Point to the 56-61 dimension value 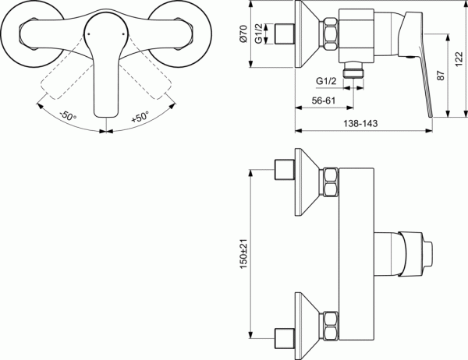[x=319, y=100]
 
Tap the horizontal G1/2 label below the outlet [x=327, y=81]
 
